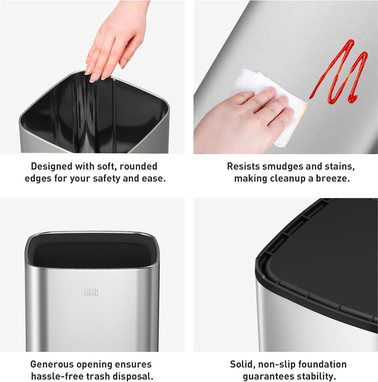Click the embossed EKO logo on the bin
(92, 292)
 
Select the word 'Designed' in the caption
(51, 166)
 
